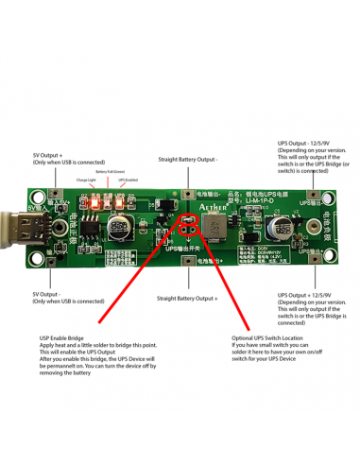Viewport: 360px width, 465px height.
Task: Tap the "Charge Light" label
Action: (x=86, y=178)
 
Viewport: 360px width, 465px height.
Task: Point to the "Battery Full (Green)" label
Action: (x=110, y=171)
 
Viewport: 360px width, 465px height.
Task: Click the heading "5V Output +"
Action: (x=48, y=152)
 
